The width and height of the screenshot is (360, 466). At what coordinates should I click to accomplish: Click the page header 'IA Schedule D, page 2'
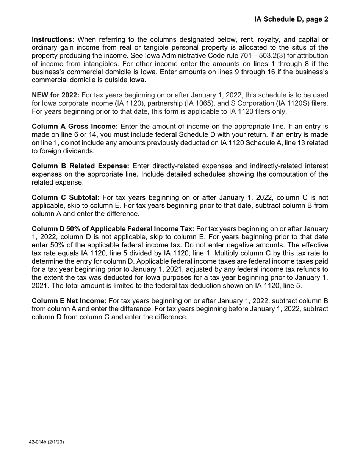coord(291,19)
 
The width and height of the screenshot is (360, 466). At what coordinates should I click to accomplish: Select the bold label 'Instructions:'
coord(53,40)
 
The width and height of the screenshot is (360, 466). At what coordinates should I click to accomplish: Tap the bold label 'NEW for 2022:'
coord(56,95)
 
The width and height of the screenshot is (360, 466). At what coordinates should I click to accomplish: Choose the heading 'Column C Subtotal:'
coord(66,198)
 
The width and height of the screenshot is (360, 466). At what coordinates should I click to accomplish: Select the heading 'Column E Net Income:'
coord(69,301)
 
